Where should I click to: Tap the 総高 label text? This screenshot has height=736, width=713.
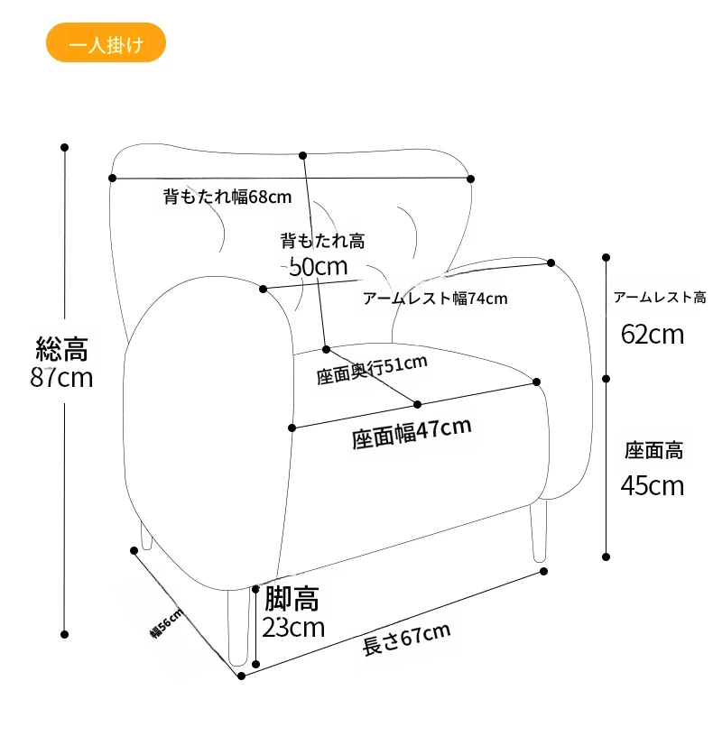(61, 348)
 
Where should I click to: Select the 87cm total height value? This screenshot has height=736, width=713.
(61, 377)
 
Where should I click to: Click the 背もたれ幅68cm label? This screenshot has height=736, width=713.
(227, 196)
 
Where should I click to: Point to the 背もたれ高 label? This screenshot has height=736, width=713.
(322, 241)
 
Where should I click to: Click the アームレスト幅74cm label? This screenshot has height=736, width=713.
(435, 298)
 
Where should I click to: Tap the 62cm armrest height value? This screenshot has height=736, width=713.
(653, 335)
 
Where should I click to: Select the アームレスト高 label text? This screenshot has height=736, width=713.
(660, 297)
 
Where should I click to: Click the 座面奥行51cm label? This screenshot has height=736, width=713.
(371, 370)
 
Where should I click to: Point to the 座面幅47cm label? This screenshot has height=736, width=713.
(412, 434)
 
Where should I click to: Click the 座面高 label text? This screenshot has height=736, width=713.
(653, 450)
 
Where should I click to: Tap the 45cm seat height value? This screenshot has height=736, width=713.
(653, 486)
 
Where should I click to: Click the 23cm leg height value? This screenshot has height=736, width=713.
(293, 627)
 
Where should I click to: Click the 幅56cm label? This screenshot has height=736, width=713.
(166, 622)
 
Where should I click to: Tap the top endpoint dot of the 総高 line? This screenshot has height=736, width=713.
(65, 146)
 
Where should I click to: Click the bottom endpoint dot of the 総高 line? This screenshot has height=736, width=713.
(65, 634)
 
